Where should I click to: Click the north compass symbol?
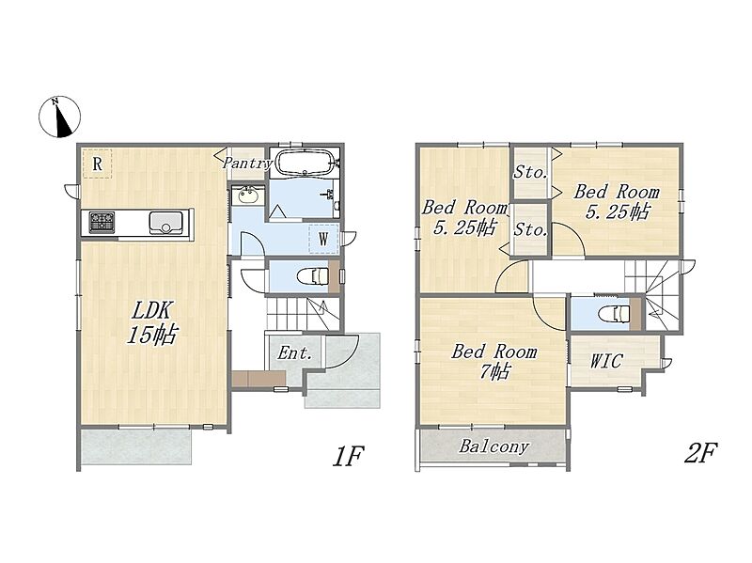[x=59, y=117]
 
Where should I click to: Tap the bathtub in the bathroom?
[x=305, y=163]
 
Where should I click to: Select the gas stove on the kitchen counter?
[x=102, y=222]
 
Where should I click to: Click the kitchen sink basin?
[x=166, y=223]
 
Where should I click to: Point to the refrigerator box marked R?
[x=97, y=164]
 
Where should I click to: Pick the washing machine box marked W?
[x=323, y=239]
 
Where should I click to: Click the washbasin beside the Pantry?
[x=248, y=195]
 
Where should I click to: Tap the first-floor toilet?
[x=313, y=276]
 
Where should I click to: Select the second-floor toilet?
[x=615, y=315]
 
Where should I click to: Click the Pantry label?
[x=247, y=163]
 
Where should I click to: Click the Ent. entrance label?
[x=295, y=353]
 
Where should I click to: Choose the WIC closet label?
[x=605, y=361]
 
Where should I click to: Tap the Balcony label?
[x=494, y=446]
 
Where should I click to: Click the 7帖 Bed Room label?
[x=494, y=361]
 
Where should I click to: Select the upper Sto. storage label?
[x=530, y=172]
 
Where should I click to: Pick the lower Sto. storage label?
[x=530, y=229]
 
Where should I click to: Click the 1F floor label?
[x=349, y=456]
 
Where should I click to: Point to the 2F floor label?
[x=700, y=453]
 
